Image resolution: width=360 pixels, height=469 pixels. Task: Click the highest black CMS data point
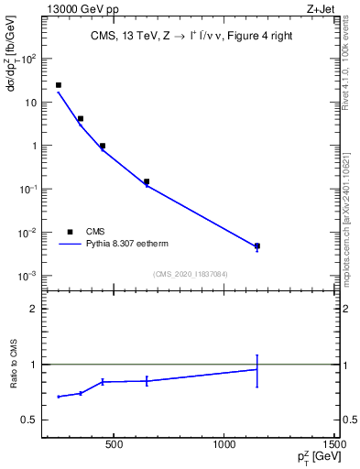(59, 85)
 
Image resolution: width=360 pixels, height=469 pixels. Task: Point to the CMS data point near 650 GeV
(147, 181)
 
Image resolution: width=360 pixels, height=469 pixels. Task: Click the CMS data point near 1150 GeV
(257, 245)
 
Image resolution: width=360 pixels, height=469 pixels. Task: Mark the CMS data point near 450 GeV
(103, 146)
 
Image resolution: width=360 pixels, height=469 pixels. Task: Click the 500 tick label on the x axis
(114, 446)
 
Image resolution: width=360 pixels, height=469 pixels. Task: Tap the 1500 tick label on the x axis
(335, 446)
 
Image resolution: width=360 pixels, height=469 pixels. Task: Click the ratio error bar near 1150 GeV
(257, 370)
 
